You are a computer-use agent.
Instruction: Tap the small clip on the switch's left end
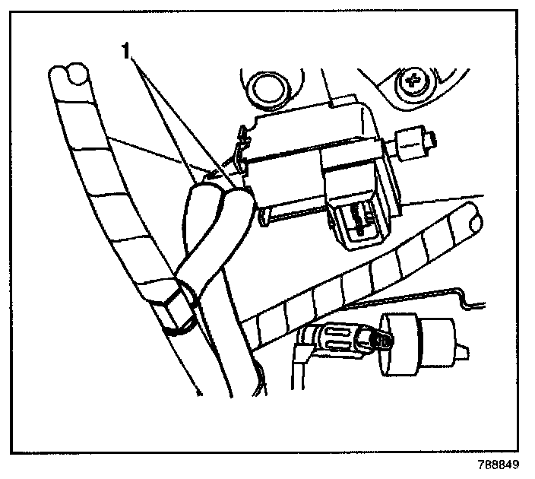[243, 149]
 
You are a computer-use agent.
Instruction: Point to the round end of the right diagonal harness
[472, 218]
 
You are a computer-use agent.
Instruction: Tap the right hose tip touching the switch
[237, 195]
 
